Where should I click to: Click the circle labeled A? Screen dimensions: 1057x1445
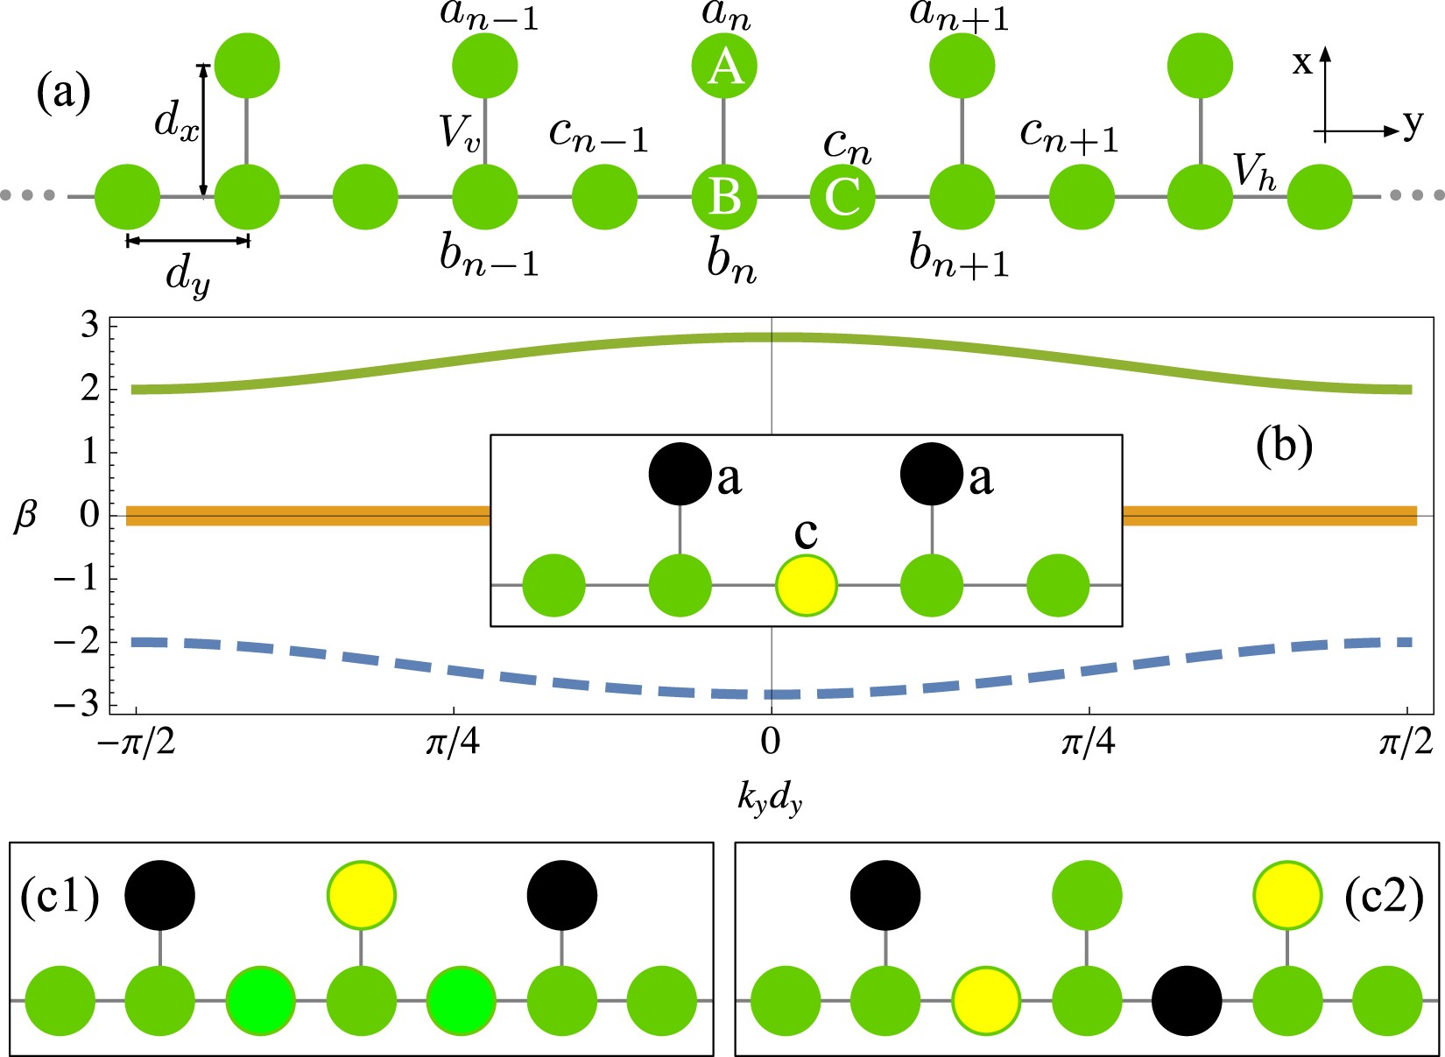point(723,66)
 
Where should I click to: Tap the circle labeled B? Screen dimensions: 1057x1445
point(723,196)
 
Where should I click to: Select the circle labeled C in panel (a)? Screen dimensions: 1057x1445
point(842,196)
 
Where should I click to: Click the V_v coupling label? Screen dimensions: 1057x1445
point(460,133)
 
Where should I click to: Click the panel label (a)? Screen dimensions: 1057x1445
point(63,93)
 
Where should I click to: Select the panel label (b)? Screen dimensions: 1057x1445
point(1284,447)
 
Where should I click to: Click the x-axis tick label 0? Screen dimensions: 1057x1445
point(771,743)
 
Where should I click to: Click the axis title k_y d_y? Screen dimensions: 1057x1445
point(769,800)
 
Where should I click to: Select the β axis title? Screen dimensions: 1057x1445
point(25,517)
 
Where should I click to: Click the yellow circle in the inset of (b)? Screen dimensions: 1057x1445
point(807,585)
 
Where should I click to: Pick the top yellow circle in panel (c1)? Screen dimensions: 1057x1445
point(361,895)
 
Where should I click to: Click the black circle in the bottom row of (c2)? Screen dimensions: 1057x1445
point(1186,1000)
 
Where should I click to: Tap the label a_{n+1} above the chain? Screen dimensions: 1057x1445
point(960,17)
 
